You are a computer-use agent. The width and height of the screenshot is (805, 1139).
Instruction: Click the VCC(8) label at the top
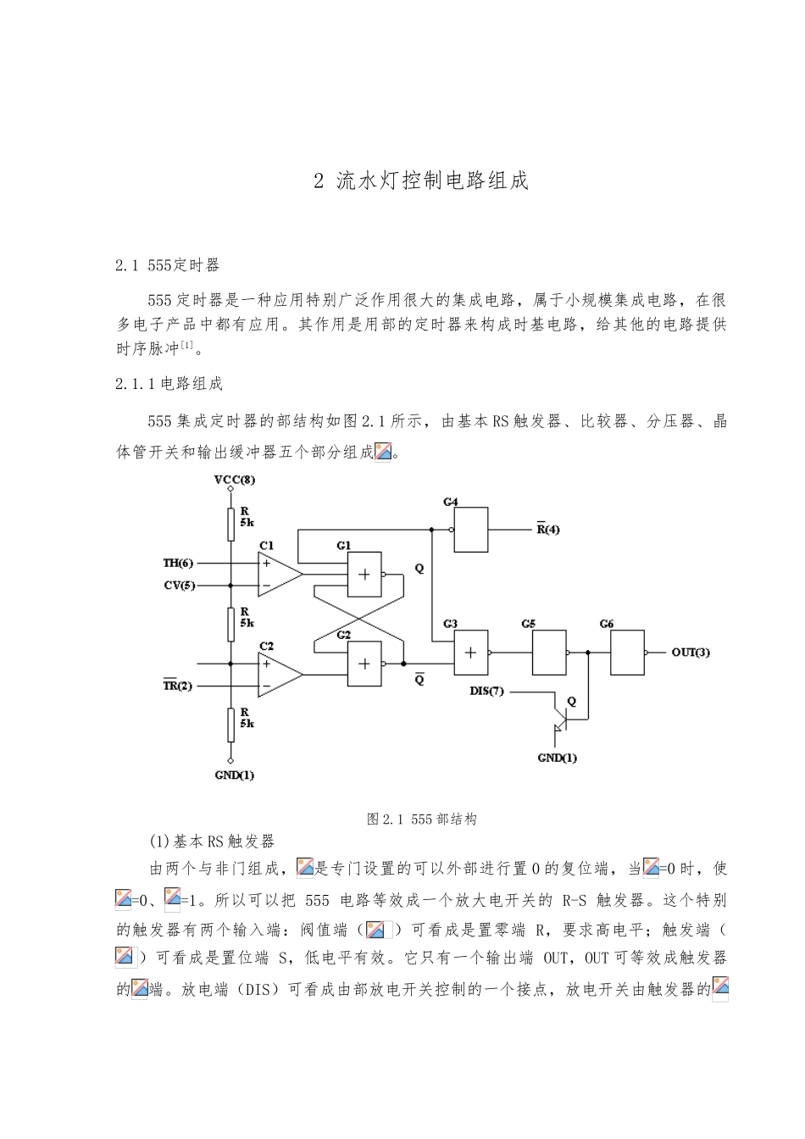(x=235, y=480)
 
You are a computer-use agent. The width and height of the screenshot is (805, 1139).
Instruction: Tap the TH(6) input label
(x=178, y=563)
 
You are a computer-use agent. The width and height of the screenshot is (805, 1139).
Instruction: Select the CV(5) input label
(x=178, y=585)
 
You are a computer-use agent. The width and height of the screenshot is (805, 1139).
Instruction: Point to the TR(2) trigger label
(x=178, y=686)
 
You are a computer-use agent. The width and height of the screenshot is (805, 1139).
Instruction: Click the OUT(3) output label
(x=691, y=652)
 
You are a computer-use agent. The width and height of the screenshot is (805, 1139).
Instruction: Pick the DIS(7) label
(x=486, y=691)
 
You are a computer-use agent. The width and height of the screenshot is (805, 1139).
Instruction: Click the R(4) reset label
(x=548, y=530)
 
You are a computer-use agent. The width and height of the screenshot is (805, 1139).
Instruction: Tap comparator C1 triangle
(x=278, y=574)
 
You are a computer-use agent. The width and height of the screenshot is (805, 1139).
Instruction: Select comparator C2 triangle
(x=278, y=675)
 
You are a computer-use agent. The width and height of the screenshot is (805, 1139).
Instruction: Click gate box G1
(x=364, y=574)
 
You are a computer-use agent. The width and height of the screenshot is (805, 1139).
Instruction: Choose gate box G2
(x=364, y=664)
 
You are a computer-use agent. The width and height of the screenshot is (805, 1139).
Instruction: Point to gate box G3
(x=470, y=653)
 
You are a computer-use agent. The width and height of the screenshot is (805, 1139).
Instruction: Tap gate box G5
(x=549, y=653)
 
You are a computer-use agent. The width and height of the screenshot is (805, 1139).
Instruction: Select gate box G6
(x=627, y=653)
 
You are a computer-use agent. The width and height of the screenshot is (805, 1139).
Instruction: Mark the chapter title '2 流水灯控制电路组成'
(x=421, y=181)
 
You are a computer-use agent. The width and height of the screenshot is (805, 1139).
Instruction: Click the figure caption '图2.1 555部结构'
(x=421, y=819)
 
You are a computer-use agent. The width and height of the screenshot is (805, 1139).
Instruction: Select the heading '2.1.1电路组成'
(x=169, y=384)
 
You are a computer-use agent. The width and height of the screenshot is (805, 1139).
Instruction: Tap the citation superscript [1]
(x=187, y=345)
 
